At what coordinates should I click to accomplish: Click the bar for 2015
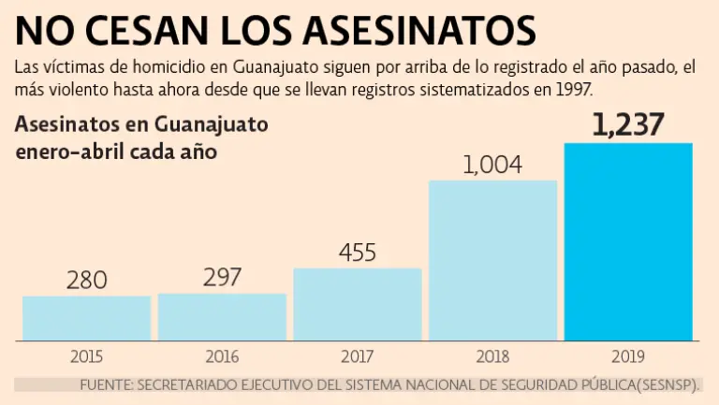(86, 318)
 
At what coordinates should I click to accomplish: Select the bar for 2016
(222, 317)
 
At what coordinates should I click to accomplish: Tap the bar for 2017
(357, 304)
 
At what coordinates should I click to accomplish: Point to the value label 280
(86, 280)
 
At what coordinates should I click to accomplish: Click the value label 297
(222, 277)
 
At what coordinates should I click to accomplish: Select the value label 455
(357, 253)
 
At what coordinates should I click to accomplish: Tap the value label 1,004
(492, 165)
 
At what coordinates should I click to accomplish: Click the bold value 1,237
(628, 125)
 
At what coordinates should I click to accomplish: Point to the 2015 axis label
(86, 356)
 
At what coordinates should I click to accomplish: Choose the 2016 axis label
(222, 356)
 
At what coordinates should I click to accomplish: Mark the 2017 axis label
(357, 356)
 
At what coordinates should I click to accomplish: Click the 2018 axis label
(492, 356)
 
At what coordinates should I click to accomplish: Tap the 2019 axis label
(628, 356)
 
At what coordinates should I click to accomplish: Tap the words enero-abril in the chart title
(68, 152)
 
